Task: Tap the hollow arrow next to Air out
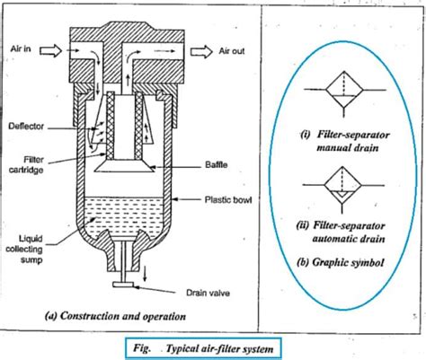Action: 202,54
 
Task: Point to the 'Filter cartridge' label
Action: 27,164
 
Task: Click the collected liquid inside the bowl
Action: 135,215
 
